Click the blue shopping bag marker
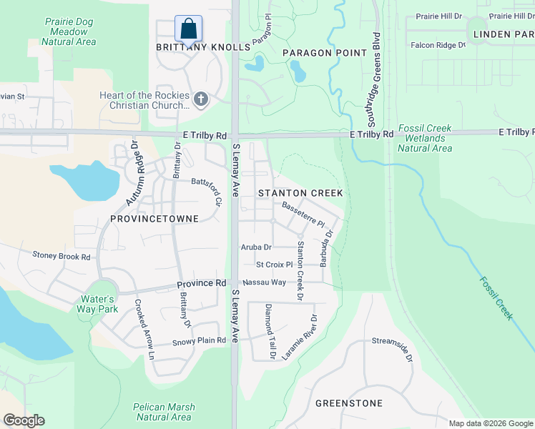pos(188,29)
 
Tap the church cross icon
pos(200,99)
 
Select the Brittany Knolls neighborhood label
pos(204,47)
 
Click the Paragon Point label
pos(325,53)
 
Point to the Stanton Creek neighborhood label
pos(300,193)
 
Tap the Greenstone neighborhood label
pos(349,403)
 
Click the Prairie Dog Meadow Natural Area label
pos(69,31)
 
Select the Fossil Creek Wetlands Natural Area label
pos(425,139)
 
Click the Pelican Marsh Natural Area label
pos(163,412)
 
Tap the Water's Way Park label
pos(98,304)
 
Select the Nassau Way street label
pos(269,283)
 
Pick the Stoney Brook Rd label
pos(62,256)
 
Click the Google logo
pos(24,420)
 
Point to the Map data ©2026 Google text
pos(491,423)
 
